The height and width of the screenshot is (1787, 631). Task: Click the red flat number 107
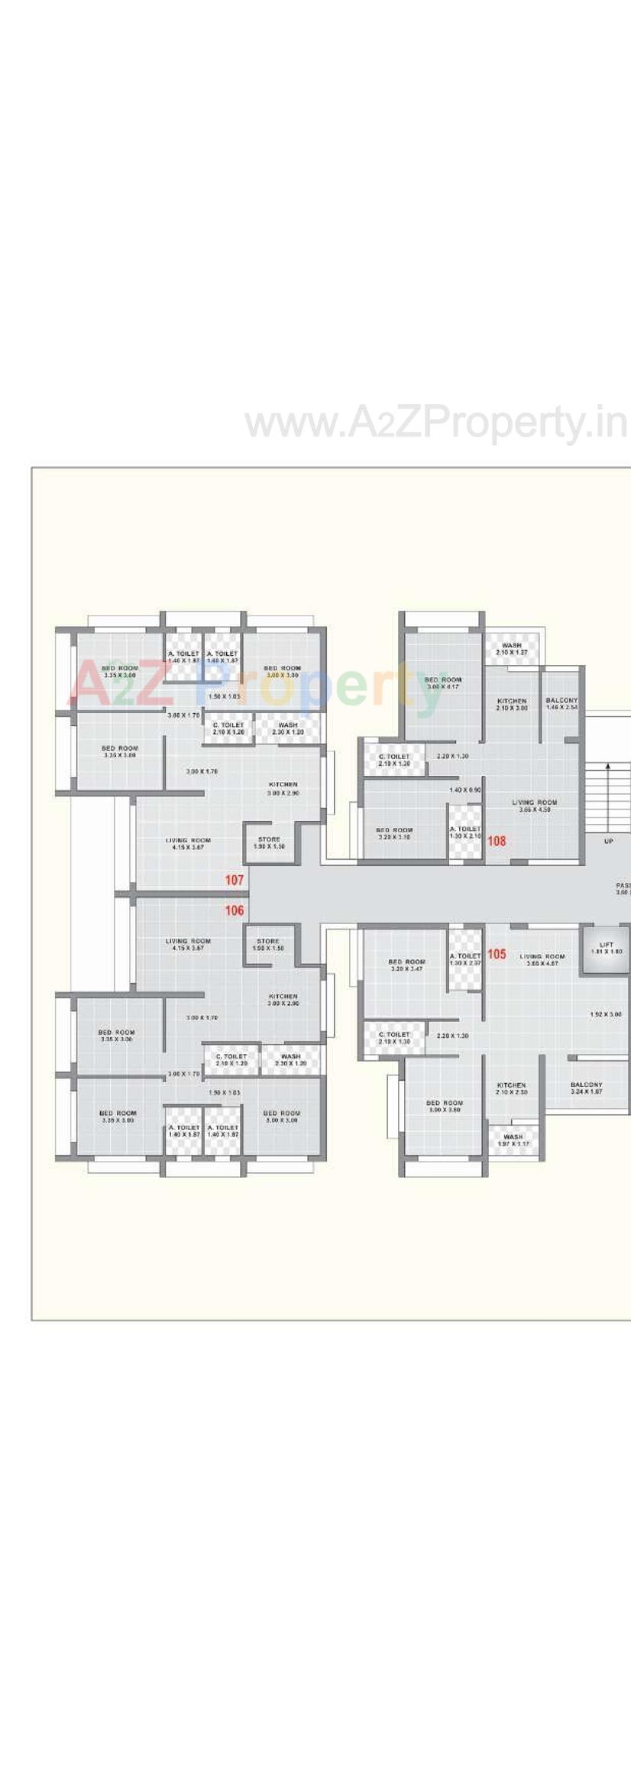(234, 880)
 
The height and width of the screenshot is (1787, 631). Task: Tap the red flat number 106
(234, 910)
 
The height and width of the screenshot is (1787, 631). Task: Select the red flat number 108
(497, 841)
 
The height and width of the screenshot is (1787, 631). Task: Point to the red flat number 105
(497, 954)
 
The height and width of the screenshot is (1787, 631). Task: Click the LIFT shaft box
(606, 949)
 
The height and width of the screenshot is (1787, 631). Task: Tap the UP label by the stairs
(608, 842)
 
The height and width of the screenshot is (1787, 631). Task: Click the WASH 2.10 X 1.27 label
(512, 649)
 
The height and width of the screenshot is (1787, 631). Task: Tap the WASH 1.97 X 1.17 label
(513, 1140)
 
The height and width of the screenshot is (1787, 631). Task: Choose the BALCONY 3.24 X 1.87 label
(586, 1088)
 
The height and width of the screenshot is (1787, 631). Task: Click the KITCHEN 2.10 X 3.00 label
(512, 704)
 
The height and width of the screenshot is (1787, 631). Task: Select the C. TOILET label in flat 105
(394, 1037)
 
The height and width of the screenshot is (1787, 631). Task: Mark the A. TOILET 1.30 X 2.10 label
(465, 832)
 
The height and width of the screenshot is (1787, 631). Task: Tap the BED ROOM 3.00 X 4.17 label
(443, 683)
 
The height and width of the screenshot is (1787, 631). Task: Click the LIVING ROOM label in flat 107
(188, 843)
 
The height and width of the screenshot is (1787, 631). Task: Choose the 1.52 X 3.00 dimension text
(606, 1014)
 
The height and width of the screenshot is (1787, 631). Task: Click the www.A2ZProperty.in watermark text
(435, 423)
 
